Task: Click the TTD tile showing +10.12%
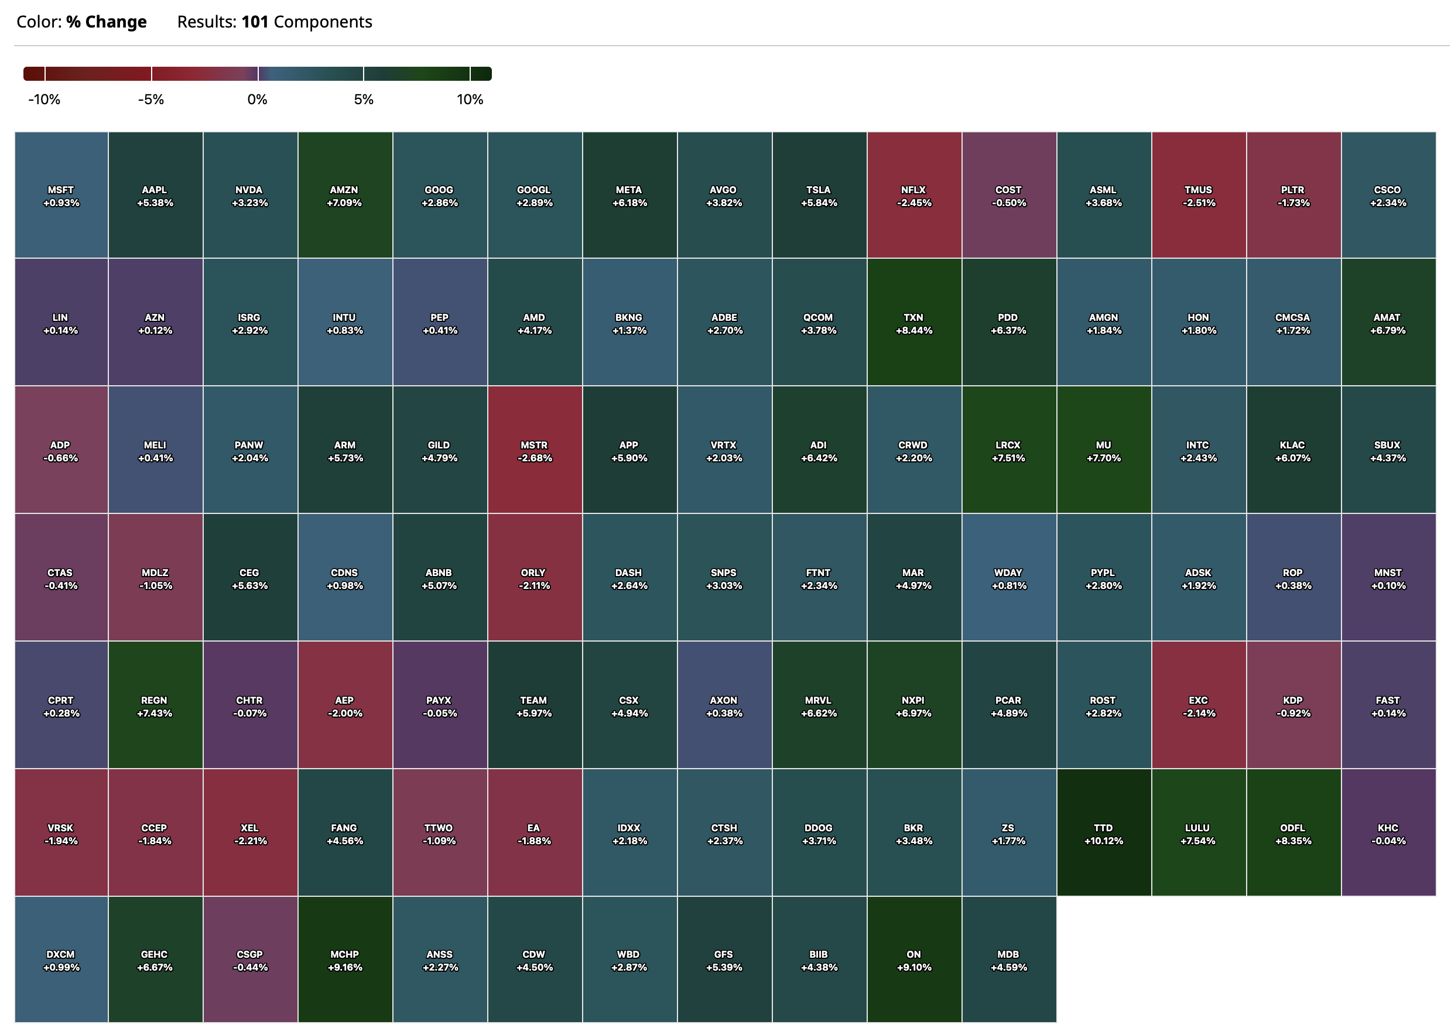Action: click(x=1103, y=832)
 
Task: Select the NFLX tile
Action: click(x=913, y=195)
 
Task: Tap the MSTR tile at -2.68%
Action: click(x=534, y=450)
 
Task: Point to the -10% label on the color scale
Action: click(x=44, y=100)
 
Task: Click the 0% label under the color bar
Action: click(x=258, y=100)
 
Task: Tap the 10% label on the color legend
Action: click(x=470, y=100)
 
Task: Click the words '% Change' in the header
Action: click(x=107, y=22)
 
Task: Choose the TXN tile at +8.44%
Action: click(x=913, y=323)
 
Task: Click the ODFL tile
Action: click(x=1293, y=832)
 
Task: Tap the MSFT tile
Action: click(x=61, y=195)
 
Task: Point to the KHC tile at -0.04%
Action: click(x=1388, y=832)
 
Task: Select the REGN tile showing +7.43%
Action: click(x=155, y=705)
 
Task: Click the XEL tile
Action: click(x=250, y=832)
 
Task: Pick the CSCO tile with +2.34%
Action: click(x=1388, y=195)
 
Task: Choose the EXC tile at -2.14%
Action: click(x=1199, y=705)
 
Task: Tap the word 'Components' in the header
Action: click(x=323, y=22)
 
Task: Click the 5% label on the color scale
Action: click(x=364, y=100)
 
